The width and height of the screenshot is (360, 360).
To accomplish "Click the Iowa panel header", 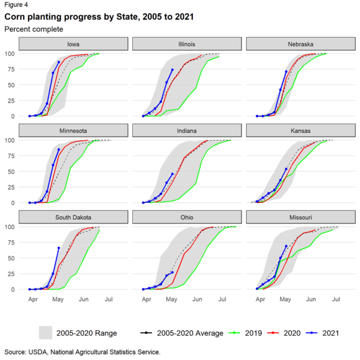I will pos(74,43).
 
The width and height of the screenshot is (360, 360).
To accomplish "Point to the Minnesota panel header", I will pos(74,130).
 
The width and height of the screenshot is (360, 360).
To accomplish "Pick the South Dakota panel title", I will pos(74,217).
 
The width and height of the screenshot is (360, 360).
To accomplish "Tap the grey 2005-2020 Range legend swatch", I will pos(46,333).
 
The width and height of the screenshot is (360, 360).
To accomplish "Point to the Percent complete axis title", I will pos(34,29).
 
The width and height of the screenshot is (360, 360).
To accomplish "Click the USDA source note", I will pos(82,352).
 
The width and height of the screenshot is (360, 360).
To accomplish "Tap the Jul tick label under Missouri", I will pos(336,300).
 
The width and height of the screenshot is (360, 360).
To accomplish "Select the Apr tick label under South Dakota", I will pos(33,300).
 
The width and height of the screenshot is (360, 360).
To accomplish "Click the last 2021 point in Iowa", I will pos(59,62).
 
